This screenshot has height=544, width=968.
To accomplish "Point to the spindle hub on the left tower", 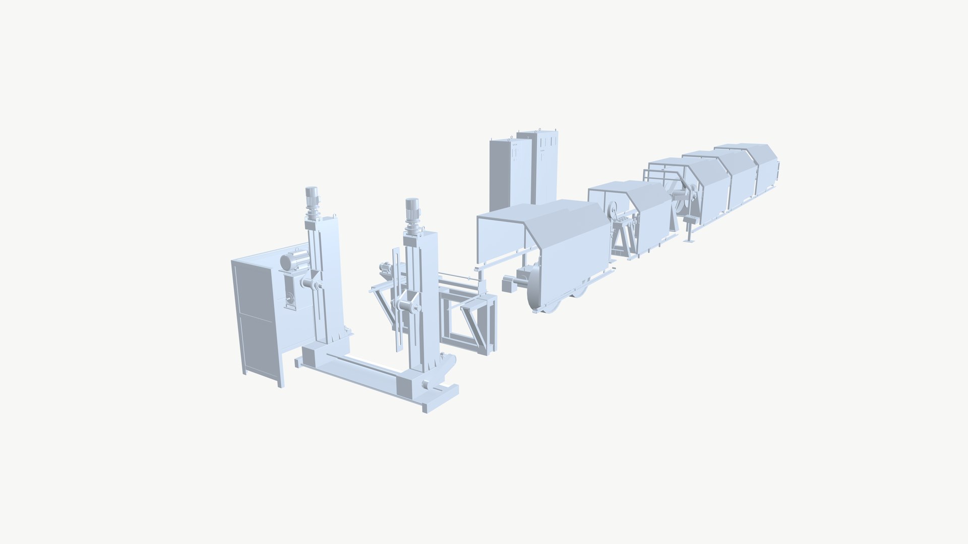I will [x=312, y=284].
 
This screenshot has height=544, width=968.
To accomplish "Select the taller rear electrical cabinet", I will [x=542, y=166].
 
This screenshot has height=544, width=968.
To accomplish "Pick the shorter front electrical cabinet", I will [x=509, y=174].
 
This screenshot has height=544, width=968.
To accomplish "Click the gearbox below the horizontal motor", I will [x=290, y=297].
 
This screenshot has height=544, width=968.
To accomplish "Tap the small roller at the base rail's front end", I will [x=427, y=385].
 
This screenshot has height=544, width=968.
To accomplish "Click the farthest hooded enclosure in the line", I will [x=756, y=166].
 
